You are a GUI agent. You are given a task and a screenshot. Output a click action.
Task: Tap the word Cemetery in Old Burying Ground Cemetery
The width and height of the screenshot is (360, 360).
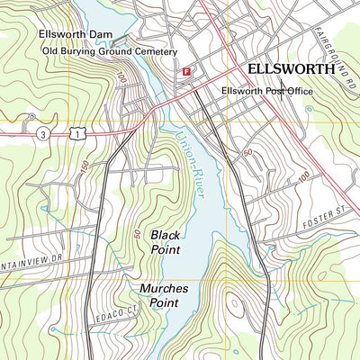[152, 51]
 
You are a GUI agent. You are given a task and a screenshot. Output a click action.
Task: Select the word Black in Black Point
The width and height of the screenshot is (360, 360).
[166, 234]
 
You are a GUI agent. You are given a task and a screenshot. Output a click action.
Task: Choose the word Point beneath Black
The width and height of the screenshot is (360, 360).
[166, 249]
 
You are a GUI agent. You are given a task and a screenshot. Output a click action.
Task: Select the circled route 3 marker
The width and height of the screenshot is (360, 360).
[42, 133]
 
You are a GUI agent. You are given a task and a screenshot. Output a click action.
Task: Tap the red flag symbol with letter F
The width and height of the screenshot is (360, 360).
[186, 71]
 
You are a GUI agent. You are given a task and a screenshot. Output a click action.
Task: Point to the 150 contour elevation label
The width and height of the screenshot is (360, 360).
[85, 168]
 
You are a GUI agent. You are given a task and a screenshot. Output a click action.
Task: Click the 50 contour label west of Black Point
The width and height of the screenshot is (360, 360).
[138, 233]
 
